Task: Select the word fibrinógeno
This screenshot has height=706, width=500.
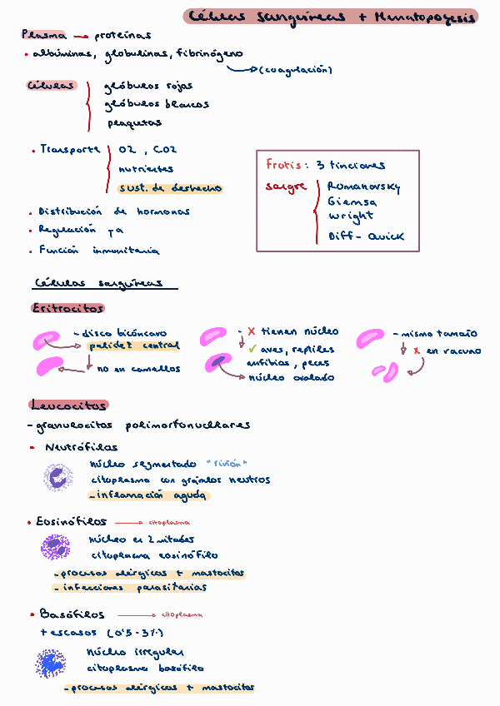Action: click(209, 54)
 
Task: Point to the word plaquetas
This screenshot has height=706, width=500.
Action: click(133, 123)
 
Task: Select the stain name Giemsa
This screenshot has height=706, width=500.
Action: click(352, 202)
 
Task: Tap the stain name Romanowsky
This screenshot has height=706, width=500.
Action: click(362, 187)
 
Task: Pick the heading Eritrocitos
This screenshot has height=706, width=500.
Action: click(57, 308)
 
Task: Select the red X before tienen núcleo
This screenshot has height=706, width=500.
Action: click(251, 332)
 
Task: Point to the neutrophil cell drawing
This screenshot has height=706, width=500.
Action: click(58, 478)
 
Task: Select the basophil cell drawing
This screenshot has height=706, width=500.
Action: click(52, 664)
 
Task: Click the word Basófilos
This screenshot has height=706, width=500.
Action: click(72, 614)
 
